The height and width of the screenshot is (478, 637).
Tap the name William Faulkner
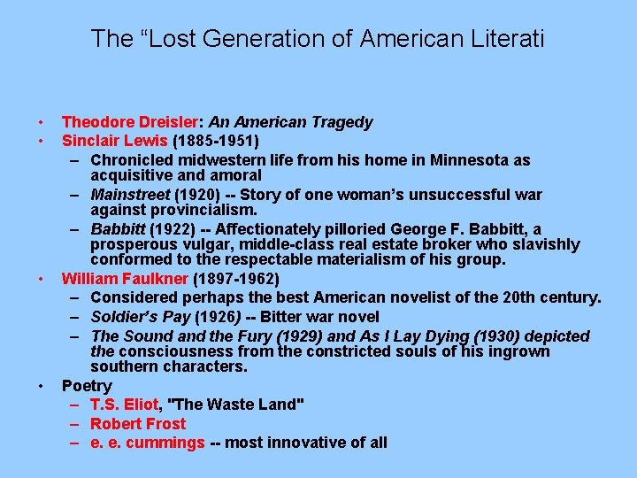[x=125, y=278]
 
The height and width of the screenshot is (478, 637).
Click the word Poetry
[x=87, y=386]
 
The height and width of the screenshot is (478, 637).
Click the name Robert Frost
[x=138, y=424]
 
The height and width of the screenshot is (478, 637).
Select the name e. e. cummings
[x=148, y=443]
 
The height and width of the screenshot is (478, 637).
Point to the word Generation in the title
[x=265, y=39]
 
